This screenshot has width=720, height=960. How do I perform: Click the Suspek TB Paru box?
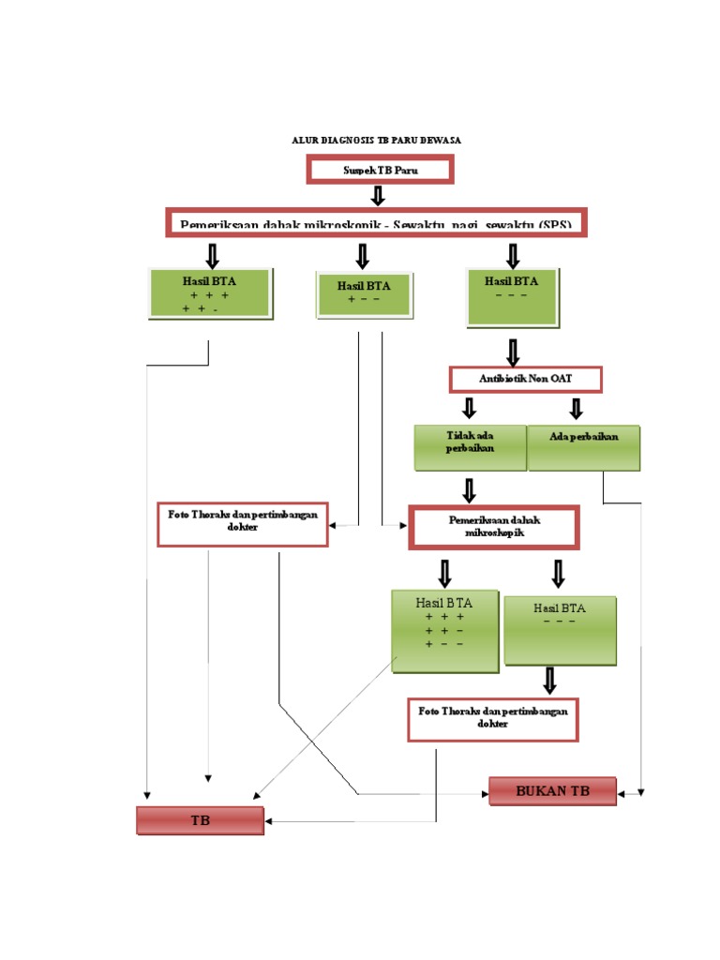(x=380, y=170)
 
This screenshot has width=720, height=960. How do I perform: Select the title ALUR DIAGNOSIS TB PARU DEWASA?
(x=376, y=140)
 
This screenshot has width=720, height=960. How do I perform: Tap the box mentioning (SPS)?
(x=376, y=222)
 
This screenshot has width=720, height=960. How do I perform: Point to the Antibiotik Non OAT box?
(x=525, y=379)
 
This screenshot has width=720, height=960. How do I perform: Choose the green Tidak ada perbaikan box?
(x=470, y=447)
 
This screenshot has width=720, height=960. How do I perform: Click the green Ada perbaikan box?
(x=583, y=447)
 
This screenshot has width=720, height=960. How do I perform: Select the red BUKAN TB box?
(x=552, y=791)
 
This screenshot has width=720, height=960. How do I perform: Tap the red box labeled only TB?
(x=200, y=820)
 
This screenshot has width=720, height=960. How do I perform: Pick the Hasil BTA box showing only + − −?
(x=363, y=292)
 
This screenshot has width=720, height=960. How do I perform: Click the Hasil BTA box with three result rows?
(x=444, y=631)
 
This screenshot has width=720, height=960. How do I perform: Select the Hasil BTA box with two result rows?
(x=210, y=293)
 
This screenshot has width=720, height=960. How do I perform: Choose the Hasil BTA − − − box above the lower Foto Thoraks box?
(x=560, y=630)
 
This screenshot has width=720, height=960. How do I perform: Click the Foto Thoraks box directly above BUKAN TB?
(x=493, y=719)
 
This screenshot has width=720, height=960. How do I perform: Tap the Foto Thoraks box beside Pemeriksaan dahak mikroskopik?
(x=242, y=524)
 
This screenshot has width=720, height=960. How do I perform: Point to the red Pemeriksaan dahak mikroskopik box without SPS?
(x=493, y=527)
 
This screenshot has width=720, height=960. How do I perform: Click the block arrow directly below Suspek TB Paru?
(x=378, y=195)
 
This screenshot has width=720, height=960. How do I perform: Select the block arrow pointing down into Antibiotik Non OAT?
(x=513, y=352)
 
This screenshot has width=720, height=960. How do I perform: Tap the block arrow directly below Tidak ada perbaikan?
(x=469, y=489)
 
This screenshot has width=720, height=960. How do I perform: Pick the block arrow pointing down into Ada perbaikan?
(x=576, y=408)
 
